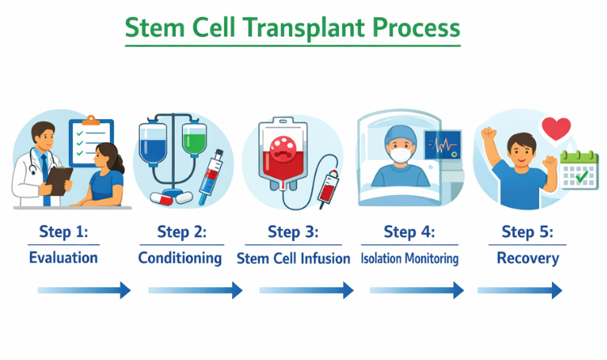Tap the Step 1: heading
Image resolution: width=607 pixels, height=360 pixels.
[x=64, y=231]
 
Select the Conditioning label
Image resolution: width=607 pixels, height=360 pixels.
[x=180, y=258]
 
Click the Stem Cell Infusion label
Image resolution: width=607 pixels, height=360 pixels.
[x=294, y=258]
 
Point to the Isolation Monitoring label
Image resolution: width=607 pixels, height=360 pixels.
[x=410, y=258]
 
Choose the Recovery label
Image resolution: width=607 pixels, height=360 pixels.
[x=528, y=258]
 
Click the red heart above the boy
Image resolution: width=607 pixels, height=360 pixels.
[x=556, y=129]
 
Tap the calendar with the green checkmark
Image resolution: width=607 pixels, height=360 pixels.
[x=579, y=170]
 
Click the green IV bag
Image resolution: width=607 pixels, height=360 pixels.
[x=194, y=138]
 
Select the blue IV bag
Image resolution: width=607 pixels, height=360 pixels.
[x=153, y=142]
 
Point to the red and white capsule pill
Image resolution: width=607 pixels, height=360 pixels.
[x=161, y=198]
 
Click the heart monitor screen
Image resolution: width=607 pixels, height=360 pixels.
[x=443, y=145]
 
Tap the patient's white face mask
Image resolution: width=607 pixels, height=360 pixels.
[x=401, y=155]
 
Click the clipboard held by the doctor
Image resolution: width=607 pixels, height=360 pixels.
[x=59, y=180]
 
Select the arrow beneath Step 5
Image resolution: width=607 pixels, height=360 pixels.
[x=520, y=290]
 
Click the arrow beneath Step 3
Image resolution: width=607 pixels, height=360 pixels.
[x=306, y=290]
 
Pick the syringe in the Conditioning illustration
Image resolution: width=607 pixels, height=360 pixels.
[x=211, y=177]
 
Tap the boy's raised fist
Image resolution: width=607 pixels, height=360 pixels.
[x=489, y=134]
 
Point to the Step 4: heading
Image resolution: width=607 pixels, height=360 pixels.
[x=410, y=231]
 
